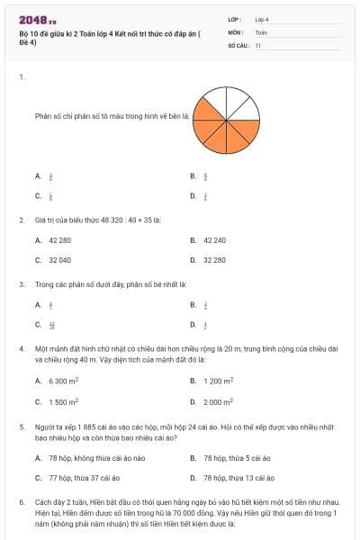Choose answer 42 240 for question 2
(214, 240)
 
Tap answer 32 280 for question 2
(214, 259)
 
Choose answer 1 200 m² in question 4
(218, 381)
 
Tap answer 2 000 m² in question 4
(218, 402)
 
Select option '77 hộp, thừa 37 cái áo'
(82, 478)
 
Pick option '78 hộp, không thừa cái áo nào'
(90, 458)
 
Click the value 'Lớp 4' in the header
(262, 18)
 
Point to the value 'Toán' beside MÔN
(261, 31)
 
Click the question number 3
(21, 283)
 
